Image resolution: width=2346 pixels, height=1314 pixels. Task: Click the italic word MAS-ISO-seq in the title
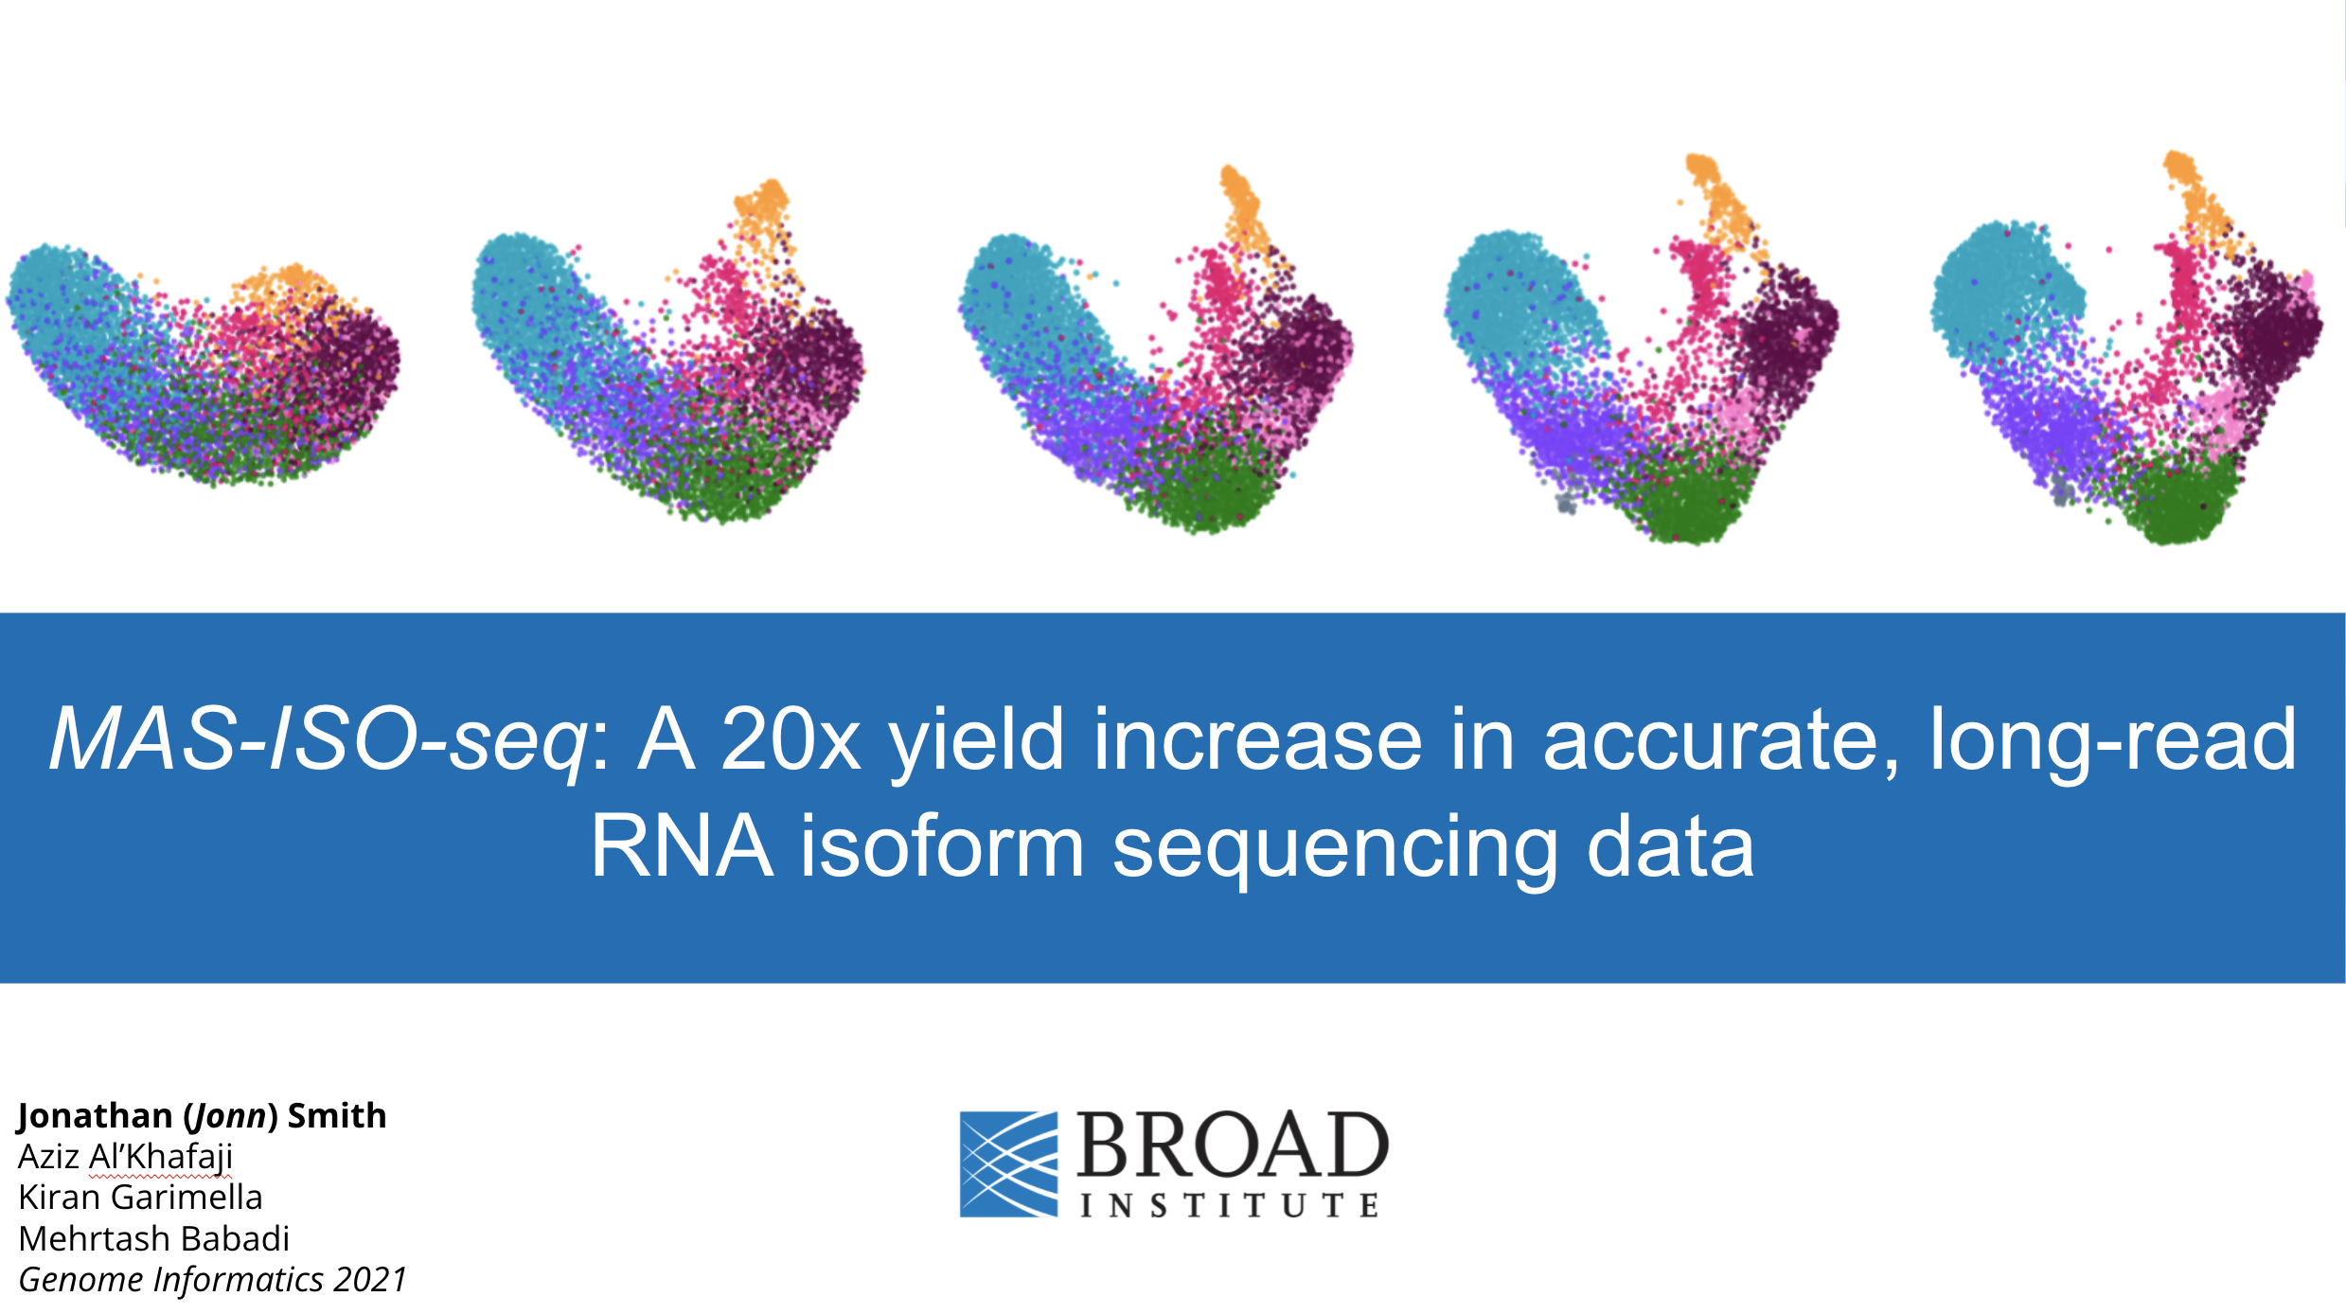point(318,740)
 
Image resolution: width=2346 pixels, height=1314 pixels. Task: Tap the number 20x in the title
point(790,740)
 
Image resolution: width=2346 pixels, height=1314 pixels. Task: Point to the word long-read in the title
point(2111,740)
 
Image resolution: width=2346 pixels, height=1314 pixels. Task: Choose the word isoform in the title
point(942,846)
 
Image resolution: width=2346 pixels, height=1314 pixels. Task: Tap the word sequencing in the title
point(1335,846)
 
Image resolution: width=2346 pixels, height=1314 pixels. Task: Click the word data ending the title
point(1670,846)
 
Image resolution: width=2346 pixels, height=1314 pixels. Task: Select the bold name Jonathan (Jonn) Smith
point(202,1116)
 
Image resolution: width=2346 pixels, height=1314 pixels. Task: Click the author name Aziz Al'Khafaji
point(125,1157)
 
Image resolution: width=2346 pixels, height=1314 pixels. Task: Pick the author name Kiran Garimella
point(140,1198)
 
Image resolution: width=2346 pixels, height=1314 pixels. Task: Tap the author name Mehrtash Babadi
point(153,1239)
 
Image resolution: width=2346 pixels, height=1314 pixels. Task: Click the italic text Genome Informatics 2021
point(212,1280)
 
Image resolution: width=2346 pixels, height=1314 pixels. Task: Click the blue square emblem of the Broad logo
point(1008,1163)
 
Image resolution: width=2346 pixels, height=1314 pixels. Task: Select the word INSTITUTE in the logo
point(1230,1205)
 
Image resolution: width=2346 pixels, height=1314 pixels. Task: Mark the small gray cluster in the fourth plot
point(1567,503)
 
